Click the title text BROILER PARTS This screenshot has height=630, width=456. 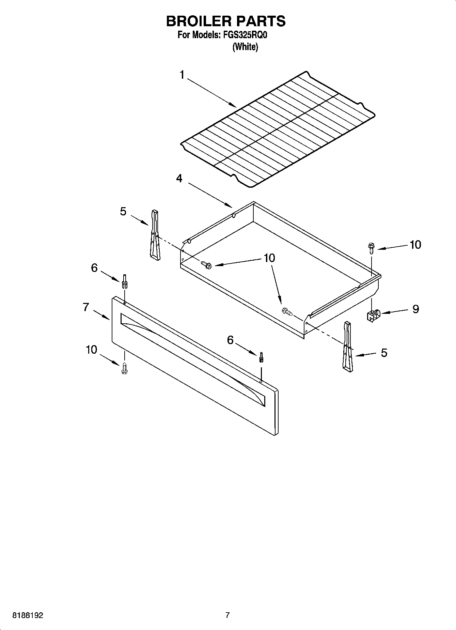point(226,21)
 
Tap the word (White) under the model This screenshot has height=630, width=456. point(245,47)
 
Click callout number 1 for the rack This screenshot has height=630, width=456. point(182,75)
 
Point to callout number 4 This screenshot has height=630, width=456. point(179,178)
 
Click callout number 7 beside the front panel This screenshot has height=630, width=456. point(86,307)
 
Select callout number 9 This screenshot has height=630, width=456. point(415,309)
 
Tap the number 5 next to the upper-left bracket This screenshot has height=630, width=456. point(123,212)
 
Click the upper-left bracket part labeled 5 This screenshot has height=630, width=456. point(154,235)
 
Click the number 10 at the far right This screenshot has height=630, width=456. point(415,245)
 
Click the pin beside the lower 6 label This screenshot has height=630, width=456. point(261,357)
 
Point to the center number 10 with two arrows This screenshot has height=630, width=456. point(269,258)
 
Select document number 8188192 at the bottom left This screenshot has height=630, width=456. point(28,616)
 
